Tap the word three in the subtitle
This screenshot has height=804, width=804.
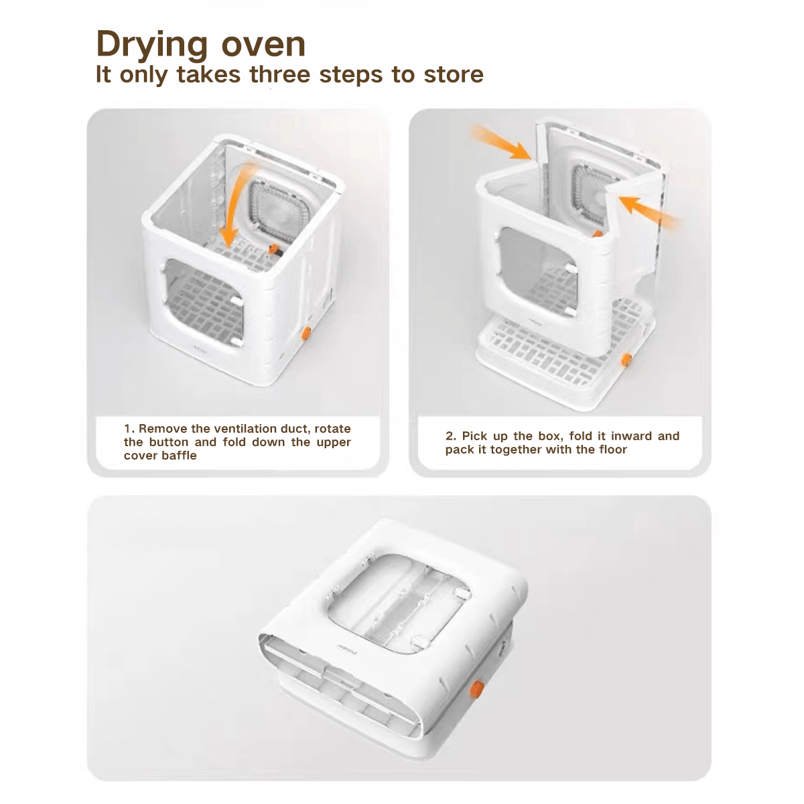pos(281,74)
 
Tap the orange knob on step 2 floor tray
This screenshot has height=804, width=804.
pos(627,360)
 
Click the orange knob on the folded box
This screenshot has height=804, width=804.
pos(478,691)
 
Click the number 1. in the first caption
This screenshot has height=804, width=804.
pos(129,429)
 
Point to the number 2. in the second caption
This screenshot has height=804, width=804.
pos(451,436)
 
